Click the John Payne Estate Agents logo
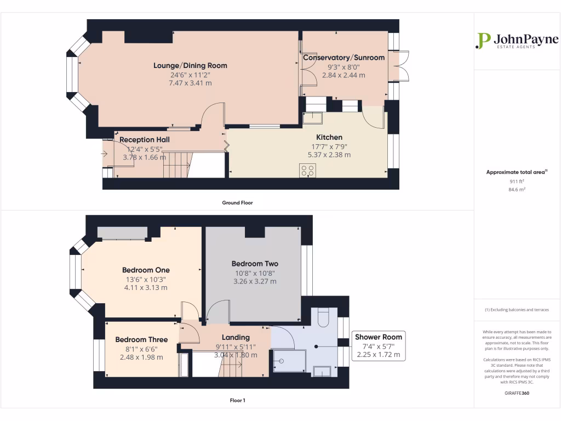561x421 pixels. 517,41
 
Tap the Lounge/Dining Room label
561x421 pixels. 190,66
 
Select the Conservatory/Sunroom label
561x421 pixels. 344,58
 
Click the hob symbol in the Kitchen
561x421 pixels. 308,170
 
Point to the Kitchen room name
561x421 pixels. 329,137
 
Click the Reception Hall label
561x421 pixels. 145,140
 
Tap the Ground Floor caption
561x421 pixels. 237,203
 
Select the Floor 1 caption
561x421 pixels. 238,400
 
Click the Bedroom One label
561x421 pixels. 146,270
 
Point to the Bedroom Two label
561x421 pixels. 255,264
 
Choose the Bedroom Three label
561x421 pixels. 141,339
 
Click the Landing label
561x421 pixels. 236,337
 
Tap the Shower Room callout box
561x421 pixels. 379,346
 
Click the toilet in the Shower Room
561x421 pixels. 323,316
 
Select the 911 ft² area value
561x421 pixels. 517,181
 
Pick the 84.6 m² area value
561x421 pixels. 517,189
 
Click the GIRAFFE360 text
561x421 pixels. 517,393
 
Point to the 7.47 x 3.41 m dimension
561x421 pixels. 190,83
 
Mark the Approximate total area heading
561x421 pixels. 517,172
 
